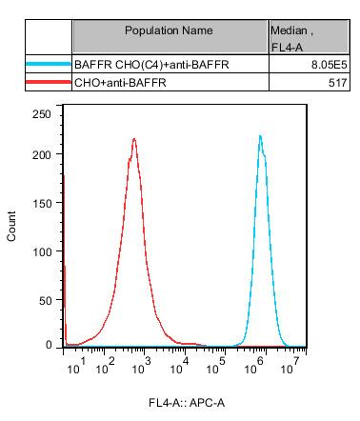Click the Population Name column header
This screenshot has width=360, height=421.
click(170, 30)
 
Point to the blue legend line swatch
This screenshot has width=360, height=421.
click(49, 65)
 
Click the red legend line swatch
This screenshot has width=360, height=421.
click(49, 83)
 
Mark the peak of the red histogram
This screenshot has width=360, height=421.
click(134, 139)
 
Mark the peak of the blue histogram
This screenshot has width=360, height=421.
click(260, 136)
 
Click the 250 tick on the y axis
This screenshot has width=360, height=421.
click(42, 114)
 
